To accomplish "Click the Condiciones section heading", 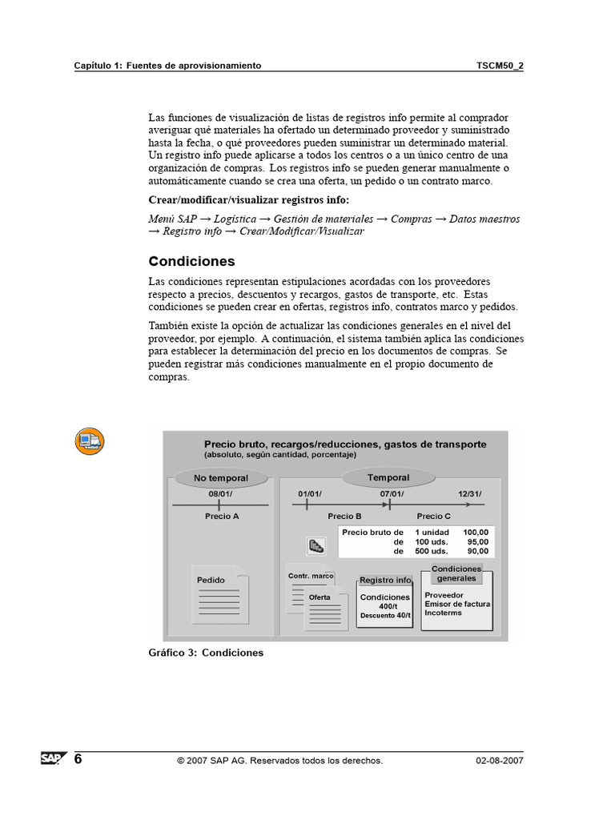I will pyautogui.click(x=191, y=262).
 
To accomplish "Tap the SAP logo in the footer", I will pyautogui.click(x=54, y=758).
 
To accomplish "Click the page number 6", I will pyautogui.click(x=78, y=758).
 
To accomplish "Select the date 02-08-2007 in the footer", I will pyautogui.click(x=498, y=761).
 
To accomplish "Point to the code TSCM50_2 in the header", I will pyautogui.click(x=500, y=66).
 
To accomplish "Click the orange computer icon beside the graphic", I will pyautogui.click(x=90, y=441).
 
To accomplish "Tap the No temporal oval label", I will pyautogui.click(x=221, y=478).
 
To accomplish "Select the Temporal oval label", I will pyautogui.click(x=388, y=477).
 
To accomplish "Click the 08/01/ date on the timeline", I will pyautogui.click(x=220, y=493).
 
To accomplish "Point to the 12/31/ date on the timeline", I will pyautogui.click(x=470, y=493).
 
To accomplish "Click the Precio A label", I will pyautogui.click(x=221, y=517).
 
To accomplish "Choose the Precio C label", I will pyautogui.click(x=434, y=517).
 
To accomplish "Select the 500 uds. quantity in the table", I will pyautogui.click(x=431, y=551).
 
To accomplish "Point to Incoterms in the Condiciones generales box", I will pyautogui.click(x=443, y=613).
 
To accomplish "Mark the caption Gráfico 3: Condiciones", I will pyautogui.click(x=206, y=653).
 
